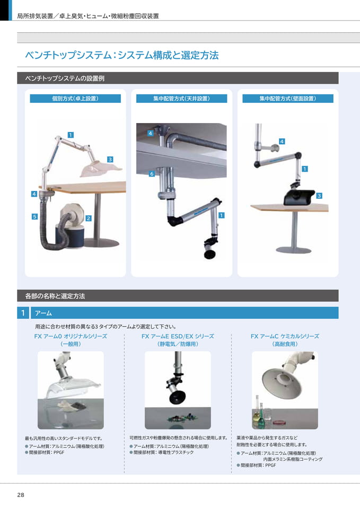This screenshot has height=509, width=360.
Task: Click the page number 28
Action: pyautogui.click(x=21, y=495)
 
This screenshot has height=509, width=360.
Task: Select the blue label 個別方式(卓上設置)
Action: pyautogui.click(x=75, y=99)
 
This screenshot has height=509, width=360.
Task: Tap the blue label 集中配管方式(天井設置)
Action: pyautogui.click(x=181, y=99)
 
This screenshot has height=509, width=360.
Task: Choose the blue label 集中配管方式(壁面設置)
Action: pyautogui.click(x=287, y=99)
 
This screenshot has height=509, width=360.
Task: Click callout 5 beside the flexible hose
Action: pyautogui.click(x=34, y=216)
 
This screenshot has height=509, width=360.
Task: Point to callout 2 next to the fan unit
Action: pyautogui.click(x=89, y=218)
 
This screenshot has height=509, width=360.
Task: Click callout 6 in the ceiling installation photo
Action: pyautogui.click(x=151, y=174)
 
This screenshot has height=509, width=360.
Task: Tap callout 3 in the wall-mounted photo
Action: pyautogui.click(x=319, y=196)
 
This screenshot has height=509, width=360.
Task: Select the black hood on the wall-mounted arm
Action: pyautogui.click(x=298, y=197)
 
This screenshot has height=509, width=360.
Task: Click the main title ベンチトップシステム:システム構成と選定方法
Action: pyautogui.click(x=122, y=55)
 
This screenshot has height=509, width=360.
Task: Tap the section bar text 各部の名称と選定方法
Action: pyautogui.click(x=55, y=296)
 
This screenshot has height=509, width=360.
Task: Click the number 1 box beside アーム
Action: pyautogui.click(x=23, y=313)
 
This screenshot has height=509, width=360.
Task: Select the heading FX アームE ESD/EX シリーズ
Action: pyautogui.click(x=178, y=336)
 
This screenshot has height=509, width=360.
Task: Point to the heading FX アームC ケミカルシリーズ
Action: pyautogui.click(x=285, y=336)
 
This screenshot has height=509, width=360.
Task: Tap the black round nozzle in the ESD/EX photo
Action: pyautogui.click(x=178, y=397)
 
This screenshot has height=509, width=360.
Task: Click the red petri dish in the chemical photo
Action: pyautogui.click(x=278, y=423)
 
